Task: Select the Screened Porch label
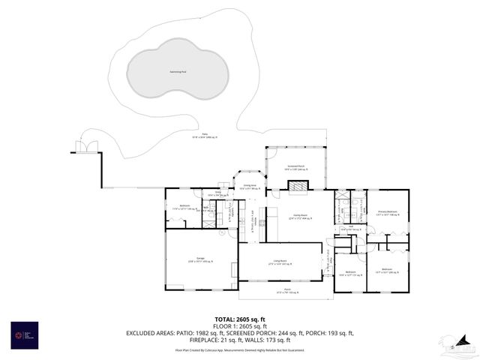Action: coord(295,167)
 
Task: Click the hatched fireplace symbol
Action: coord(298,186)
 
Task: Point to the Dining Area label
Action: coord(250,187)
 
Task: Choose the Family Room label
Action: coord(298,217)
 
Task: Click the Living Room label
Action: coord(280,262)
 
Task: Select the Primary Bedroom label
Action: coord(388,213)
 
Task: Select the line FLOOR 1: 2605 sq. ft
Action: coord(239,326)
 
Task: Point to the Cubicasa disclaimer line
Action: coord(239,349)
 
